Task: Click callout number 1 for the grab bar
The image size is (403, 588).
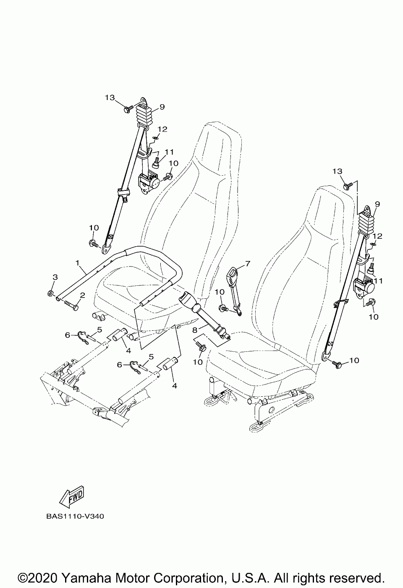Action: [x=78, y=263]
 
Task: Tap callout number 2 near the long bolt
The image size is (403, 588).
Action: [x=82, y=295]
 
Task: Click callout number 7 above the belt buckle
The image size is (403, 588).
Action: [x=248, y=264]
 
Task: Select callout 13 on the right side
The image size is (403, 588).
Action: [x=338, y=171]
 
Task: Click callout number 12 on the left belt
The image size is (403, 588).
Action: [x=162, y=129]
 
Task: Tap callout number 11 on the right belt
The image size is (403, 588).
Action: [x=379, y=280]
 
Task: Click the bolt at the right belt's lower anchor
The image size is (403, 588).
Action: [x=337, y=363]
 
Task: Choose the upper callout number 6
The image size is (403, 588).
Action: [x=68, y=335]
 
